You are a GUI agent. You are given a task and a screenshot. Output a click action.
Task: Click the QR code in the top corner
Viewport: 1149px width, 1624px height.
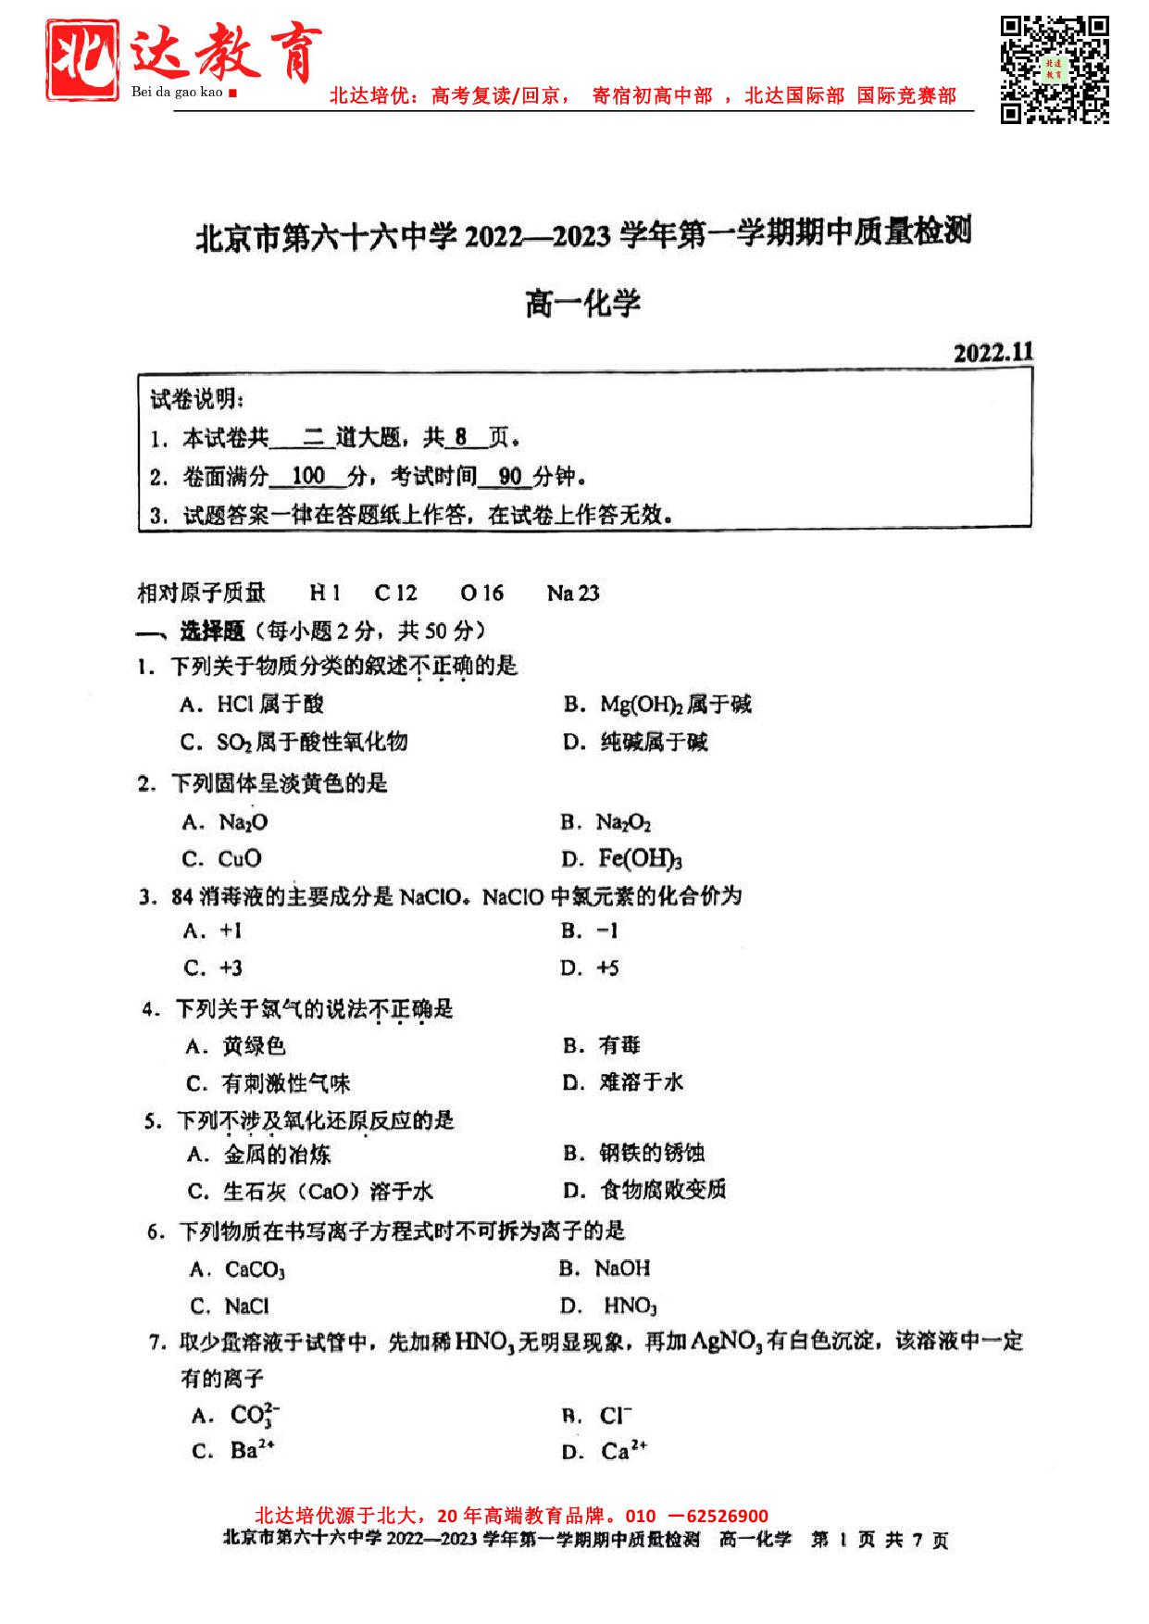(x=1055, y=69)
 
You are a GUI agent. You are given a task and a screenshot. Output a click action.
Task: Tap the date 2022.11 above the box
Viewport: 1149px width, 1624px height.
(x=993, y=353)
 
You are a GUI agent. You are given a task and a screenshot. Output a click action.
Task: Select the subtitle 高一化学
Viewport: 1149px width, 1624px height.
(x=582, y=303)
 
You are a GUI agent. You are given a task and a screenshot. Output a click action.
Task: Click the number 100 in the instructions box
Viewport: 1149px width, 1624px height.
(x=307, y=476)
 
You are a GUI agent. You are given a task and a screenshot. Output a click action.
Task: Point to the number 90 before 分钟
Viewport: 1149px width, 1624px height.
(x=509, y=476)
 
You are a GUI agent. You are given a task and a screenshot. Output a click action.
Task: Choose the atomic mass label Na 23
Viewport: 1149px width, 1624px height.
(x=572, y=593)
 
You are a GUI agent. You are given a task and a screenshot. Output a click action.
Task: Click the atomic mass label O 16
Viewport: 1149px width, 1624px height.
(x=481, y=593)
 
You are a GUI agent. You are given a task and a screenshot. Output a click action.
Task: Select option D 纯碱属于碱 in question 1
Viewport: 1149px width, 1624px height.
(x=653, y=742)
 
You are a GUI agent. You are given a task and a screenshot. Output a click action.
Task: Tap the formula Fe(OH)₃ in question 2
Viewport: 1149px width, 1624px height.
(x=640, y=859)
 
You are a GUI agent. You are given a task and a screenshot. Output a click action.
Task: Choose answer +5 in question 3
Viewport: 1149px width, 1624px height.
(x=607, y=968)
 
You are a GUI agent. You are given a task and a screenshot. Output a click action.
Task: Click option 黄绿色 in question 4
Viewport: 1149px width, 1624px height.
(x=254, y=1046)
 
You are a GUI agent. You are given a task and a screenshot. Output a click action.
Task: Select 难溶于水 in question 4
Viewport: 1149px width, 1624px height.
(x=641, y=1081)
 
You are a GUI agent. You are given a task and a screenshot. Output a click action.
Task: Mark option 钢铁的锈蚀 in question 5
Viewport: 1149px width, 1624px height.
(x=652, y=1153)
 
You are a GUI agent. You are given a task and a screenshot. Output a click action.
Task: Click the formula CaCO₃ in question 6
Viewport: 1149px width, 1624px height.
(x=255, y=1269)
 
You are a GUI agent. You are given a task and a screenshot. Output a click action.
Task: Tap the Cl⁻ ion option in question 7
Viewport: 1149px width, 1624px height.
(x=616, y=1416)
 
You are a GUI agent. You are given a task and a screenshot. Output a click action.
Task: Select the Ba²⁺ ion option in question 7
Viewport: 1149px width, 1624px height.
(x=252, y=1450)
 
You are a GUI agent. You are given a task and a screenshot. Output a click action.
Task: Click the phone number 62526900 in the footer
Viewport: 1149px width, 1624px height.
(x=726, y=1516)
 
